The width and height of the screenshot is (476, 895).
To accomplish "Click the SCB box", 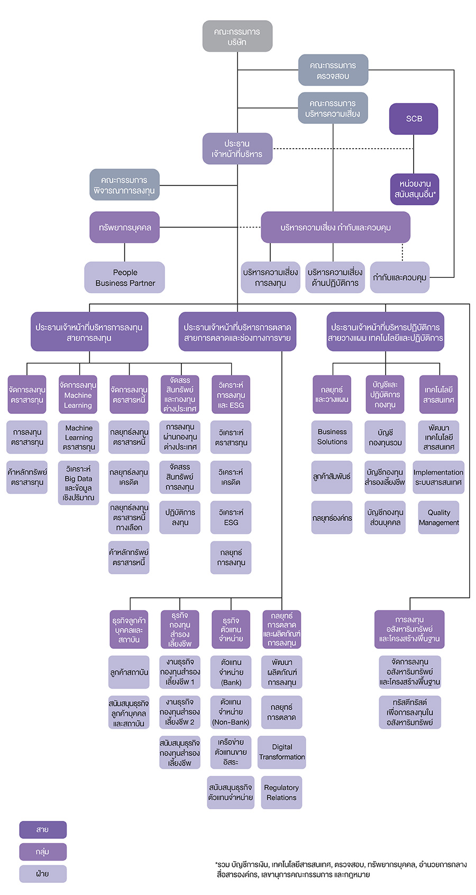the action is point(413,119).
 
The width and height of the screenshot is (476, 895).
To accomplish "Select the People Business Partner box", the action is point(125,277).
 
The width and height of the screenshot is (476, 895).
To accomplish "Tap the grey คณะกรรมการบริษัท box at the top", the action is point(237,37).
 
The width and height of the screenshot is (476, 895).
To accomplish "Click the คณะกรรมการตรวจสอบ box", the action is point(333,70).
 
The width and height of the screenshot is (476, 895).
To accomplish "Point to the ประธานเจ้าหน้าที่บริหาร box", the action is point(237,149).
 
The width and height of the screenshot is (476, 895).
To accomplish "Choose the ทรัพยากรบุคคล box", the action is point(125,228).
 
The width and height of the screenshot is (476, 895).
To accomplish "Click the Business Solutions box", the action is point(332,437).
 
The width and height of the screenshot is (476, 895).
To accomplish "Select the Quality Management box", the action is point(438,518).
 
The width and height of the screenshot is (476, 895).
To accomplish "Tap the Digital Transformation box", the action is point(281,752).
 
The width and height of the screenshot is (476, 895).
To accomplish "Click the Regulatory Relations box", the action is point(281,792).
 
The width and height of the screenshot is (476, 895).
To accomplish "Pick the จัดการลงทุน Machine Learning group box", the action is point(78,394).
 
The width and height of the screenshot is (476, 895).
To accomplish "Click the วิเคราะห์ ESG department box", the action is point(231,518).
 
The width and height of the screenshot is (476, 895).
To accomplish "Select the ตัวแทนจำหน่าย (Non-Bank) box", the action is point(231,712).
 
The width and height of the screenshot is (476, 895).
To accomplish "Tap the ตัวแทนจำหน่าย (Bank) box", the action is point(231,672).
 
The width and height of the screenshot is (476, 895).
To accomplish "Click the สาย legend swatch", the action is point(43,829).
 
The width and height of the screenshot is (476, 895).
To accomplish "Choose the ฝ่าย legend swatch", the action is point(43,874).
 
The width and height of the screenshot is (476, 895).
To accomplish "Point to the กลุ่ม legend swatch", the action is point(43,852).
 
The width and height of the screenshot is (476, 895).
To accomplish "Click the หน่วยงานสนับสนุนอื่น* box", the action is point(415,189).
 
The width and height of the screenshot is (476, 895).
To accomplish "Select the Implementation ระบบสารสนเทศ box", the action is point(438,477).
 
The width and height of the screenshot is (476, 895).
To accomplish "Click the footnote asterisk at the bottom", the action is point(216,863).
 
